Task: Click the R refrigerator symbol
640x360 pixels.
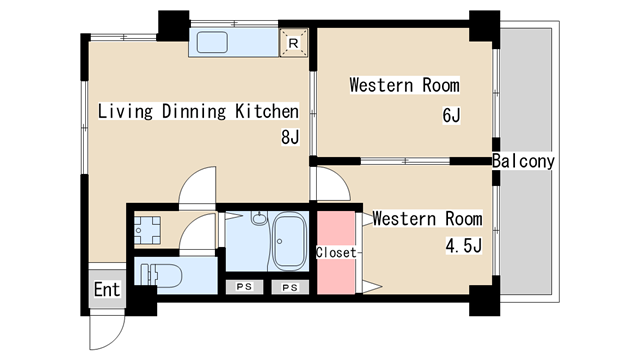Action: coord(293,42)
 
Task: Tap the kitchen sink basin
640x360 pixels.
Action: coord(212,42)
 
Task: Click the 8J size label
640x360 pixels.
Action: coord(290,137)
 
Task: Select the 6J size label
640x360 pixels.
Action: coord(451,116)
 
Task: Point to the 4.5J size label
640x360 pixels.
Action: coord(464,246)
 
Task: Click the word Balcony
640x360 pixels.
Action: coord(523,161)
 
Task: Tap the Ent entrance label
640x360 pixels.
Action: coord(107,289)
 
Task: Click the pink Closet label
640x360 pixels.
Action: coord(336,253)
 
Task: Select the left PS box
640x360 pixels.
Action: coord(244,287)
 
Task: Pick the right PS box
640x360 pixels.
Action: coord(290,287)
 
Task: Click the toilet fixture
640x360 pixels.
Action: coord(161,275)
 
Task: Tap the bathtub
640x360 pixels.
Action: coord(289,241)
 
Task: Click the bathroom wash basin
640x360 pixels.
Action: coord(259,218)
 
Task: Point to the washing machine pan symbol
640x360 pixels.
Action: coord(147,230)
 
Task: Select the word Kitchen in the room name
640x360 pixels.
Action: coord(267,111)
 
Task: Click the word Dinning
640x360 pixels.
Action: coord(194,111)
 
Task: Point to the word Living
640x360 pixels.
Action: coord(125,111)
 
